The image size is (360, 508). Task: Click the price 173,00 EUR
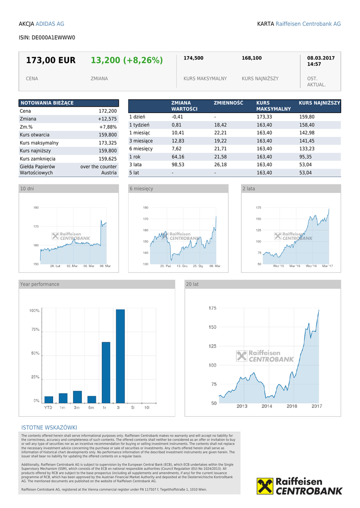pyautogui.click(x=51, y=61)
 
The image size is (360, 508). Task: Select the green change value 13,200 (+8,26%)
pyautogui.click(x=127, y=61)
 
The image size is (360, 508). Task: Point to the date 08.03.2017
pyautogui.click(x=321, y=58)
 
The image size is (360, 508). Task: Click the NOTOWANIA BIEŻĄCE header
pyautogui.click(x=47, y=103)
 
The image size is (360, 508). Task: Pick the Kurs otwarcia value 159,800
pyautogui.click(x=108, y=135)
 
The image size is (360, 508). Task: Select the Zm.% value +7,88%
pyautogui.click(x=108, y=127)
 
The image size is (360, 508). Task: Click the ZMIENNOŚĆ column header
pyautogui.click(x=228, y=103)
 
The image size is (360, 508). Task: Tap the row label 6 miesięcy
pyautogui.click(x=141, y=149)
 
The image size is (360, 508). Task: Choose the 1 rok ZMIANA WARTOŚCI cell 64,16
pyautogui.click(x=178, y=157)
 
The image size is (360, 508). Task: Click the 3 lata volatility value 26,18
pyautogui.click(x=220, y=165)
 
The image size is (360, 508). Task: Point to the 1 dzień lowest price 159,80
pyautogui.click(x=307, y=117)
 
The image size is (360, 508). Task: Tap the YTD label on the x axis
pyautogui.click(x=48, y=407)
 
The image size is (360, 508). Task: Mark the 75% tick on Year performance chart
pyautogui.click(x=34, y=329)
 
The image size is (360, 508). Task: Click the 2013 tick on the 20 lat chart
pyautogui.click(x=242, y=406)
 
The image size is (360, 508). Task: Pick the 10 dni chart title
pyautogui.click(x=27, y=189)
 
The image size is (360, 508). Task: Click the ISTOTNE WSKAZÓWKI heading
pyautogui.click(x=49, y=428)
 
